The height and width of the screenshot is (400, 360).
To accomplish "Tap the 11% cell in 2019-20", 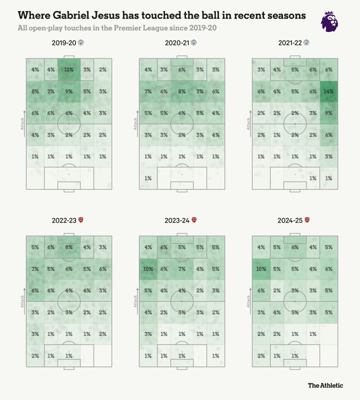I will tap(68, 70).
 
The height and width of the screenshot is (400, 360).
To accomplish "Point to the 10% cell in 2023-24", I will tap(148, 268).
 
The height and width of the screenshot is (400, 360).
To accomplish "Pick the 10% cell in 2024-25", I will tap(261, 268).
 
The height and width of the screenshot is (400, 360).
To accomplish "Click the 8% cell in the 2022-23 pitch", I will tap(68, 246).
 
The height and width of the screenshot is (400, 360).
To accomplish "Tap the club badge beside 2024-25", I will tap(307, 220).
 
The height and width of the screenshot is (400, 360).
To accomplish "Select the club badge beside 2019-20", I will tap(81, 43).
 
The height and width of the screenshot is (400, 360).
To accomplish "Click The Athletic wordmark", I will tap(325, 385).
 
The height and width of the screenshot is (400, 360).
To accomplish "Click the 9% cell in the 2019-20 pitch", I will tap(68, 92).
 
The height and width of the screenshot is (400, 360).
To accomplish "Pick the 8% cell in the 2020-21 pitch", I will tap(181, 92).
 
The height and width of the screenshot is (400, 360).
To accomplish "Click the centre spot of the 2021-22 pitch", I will tap(294, 123).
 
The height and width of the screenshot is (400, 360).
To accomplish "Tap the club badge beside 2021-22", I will tap(307, 43).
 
